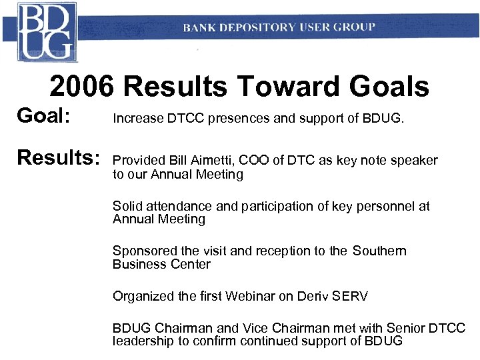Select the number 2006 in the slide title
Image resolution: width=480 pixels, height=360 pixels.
(x=82, y=87)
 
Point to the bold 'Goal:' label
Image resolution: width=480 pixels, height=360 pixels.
(x=43, y=117)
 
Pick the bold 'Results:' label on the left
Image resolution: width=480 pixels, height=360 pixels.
(x=58, y=159)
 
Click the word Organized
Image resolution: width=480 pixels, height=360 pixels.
(x=143, y=296)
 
